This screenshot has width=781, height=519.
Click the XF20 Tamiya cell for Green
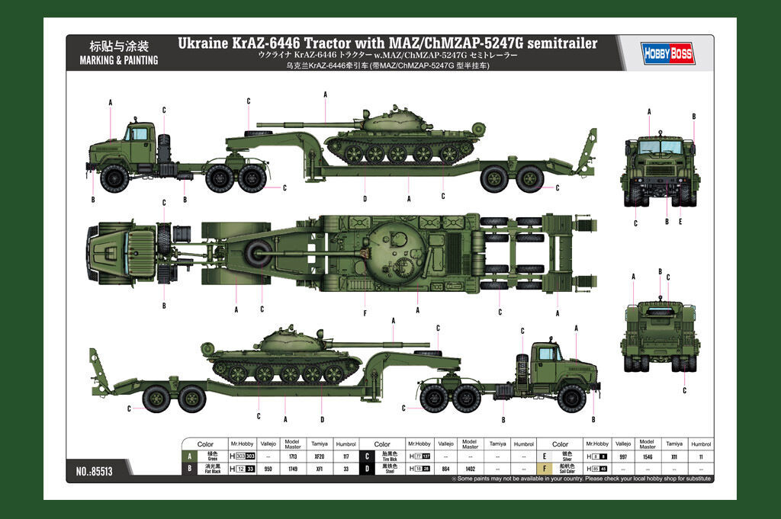click(319, 456)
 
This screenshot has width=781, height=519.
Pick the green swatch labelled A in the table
click(188, 456)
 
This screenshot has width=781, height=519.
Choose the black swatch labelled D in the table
click(367, 468)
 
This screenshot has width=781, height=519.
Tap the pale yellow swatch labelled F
click(544, 468)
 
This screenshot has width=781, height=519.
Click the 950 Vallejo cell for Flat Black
click(267, 468)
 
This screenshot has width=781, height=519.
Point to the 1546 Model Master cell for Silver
click(647, 456)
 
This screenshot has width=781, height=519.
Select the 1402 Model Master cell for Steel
click(470, 468)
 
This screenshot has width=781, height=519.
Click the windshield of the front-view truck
click(660, 146)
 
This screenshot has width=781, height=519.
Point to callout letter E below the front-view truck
click(680, 222)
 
